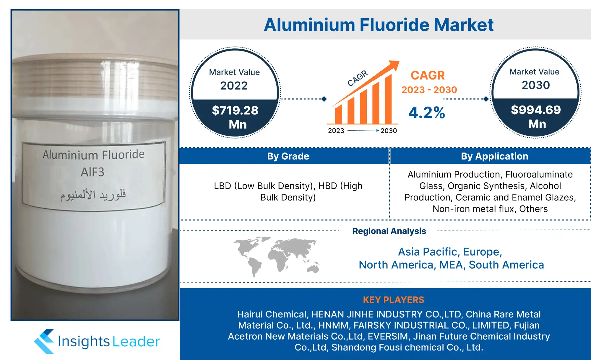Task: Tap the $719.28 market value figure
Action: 235,110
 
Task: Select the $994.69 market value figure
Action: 536,110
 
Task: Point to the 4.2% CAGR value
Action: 427,113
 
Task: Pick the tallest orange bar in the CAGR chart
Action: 388,99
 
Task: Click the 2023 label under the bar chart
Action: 336,131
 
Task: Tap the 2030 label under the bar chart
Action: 389,131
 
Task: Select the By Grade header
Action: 288,156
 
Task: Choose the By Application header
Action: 495,156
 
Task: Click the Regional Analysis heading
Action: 389,231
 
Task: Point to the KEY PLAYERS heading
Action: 394,300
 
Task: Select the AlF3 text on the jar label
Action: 92,172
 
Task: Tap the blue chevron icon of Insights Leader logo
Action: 44,341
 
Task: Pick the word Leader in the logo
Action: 136,342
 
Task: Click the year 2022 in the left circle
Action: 234,86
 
